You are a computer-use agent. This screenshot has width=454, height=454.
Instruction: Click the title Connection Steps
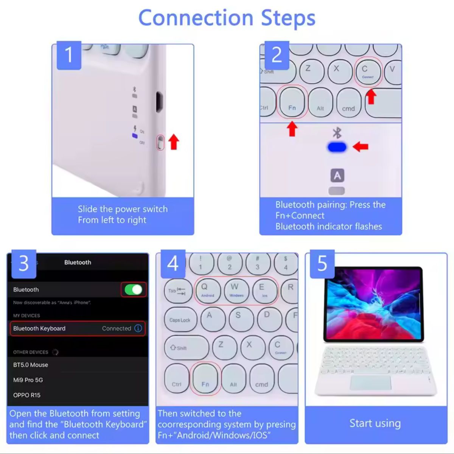pyautogui.click(x=227, y=18)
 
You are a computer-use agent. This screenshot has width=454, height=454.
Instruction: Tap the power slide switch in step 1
pyautogui.click(x=160, y=143)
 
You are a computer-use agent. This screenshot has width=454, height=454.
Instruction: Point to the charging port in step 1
pyautogui.click(x=159, y=101)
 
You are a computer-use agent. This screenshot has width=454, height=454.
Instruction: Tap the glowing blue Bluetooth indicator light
pyautogui.click(x=337, y=147)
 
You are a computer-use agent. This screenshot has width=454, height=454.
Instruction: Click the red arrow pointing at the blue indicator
pyautogui.click(x=361, y=147)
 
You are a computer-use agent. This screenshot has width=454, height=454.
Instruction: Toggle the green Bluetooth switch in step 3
pyautogui.click(x=133, y=290)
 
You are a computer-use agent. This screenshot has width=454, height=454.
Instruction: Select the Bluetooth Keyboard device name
pyautogui.click(x=39, y=328)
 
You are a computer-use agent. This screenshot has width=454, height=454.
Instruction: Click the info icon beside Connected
pyautogui.click(x=138, y=328)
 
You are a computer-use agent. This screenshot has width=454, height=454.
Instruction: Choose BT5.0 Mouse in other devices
pyautogui.click(x=31, y=365)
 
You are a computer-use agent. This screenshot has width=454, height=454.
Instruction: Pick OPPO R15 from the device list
pyautogui.click(x=27, y=395)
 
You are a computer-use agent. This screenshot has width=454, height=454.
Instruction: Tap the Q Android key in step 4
pyautogui.click(x=207, y=290)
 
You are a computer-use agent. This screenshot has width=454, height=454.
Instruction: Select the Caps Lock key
pyautogui.click(x=180, y=320)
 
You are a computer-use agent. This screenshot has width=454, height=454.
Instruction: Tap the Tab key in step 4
pyautogui.click(x=177, y=291)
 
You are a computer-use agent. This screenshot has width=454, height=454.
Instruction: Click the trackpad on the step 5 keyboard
pyautogui.click(x=371, y=383)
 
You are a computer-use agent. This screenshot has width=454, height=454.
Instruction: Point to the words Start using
pyautogui.click(x=375, y=423)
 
